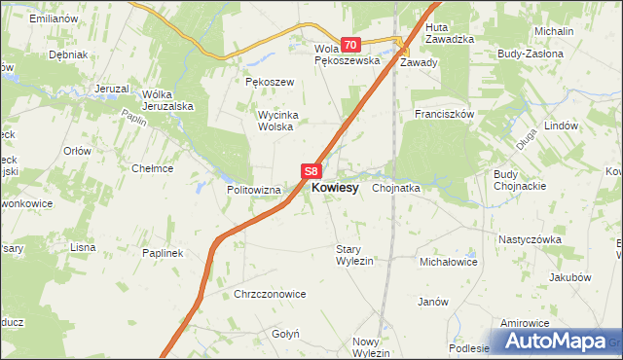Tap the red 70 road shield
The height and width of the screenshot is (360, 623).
click(351, 45)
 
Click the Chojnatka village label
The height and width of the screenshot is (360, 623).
click(395, 189)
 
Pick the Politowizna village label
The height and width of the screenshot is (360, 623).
click(254, 190)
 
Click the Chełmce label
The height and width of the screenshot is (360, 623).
click(152, 167)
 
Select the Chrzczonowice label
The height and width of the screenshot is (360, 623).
click(271, 294)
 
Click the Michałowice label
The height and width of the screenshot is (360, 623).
click(447, 262)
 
